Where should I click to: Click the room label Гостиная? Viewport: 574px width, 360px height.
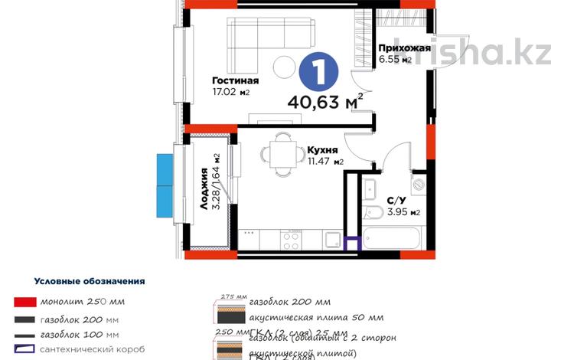(235, 80)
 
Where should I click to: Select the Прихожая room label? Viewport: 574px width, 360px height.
(404, 47)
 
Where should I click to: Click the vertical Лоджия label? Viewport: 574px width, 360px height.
(206, 189)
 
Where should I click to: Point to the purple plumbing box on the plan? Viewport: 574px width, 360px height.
(352, 244)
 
